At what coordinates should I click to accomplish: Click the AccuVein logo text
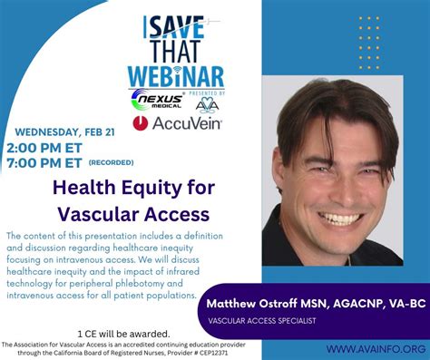pos(188,122)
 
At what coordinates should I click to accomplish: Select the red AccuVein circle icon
pos(141,122)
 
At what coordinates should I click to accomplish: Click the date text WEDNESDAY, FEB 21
pos(50,131)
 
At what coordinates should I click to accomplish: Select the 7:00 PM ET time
pos(44,162)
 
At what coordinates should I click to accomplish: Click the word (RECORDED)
pos(112,163)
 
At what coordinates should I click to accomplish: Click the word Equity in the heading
pos(159,188)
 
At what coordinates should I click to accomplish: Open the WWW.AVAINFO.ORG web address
pos(376,348)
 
